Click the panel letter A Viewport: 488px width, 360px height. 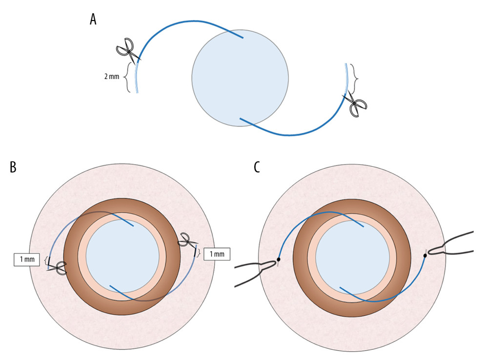click(x=93, y=19)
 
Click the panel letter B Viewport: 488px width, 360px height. click(x=13, y=167)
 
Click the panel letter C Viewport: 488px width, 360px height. click(x=257, y=167)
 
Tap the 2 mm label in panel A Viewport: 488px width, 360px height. click(x=112, y=77)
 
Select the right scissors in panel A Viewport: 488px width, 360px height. click(x=355, y=104)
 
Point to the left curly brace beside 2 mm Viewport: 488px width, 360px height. click(x=128, y=77)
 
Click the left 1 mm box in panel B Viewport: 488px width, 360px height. click(x=27, y=260)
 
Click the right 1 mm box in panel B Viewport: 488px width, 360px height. click(x=217, y=254)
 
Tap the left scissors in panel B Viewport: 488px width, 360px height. click(x=58, y=267)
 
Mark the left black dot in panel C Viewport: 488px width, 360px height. click(x=279, y=260)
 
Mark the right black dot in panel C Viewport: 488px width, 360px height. click(x=425, y=256)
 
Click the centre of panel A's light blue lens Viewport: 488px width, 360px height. click(x=240, y=78)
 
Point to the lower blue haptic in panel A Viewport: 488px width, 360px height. click(x=293, y=133)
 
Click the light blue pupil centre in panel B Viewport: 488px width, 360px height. click(x=122, y=256)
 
